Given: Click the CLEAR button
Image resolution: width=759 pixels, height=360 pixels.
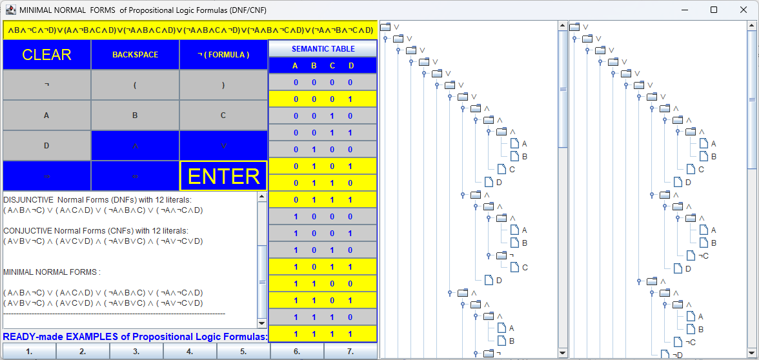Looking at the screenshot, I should [x=46, y=55].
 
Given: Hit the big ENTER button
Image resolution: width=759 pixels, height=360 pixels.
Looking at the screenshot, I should [x=223, y=176].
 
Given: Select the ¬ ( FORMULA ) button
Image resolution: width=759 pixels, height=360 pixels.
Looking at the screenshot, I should [x=223, y=55].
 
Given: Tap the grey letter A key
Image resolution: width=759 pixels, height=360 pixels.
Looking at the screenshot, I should [x=46, y=115].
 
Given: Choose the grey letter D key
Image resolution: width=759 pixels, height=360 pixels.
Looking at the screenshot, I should [x=46, y=146].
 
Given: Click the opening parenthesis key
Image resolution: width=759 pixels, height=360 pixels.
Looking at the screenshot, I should [x=135, y=85].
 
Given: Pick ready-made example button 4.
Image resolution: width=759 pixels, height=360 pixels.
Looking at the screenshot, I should [x=190, y=352].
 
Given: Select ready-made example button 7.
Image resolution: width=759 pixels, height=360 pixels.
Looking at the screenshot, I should [x=350, y=352].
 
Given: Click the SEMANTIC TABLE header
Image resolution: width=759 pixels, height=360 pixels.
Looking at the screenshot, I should [x=323, y=49].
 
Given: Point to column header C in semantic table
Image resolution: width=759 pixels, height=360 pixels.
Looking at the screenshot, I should [x=332, y=65].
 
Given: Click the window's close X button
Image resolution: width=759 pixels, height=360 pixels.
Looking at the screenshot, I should [x=743, y=10].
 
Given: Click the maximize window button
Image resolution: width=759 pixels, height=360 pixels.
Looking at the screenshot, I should [x=713, y=10].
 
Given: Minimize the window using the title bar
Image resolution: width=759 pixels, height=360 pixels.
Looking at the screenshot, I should [x=684, y=10].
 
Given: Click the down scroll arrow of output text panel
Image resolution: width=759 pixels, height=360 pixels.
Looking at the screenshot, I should [x=261, y=323].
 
